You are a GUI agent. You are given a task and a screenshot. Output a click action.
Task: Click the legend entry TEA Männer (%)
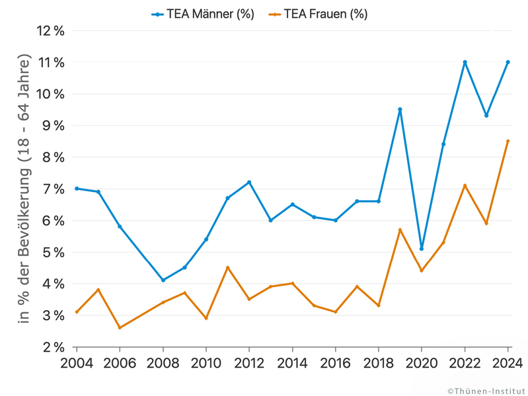coord(202,14)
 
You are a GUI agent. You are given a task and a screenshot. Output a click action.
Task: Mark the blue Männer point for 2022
coord(465,62)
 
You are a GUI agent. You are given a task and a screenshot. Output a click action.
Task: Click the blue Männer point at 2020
coord(422,249)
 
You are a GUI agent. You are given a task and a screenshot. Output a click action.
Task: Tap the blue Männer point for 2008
coord(163,280)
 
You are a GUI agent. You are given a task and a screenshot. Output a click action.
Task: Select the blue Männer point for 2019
coord(400,110)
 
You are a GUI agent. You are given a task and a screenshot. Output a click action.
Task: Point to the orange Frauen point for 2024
coord(508,141)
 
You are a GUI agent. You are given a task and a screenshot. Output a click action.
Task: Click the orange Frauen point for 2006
coord(120,328)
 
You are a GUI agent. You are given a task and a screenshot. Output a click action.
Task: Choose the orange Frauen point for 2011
coord(227,267)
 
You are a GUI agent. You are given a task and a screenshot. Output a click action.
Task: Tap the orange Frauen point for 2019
coord(400,230)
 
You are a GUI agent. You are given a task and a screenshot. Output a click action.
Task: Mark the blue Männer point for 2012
coord(249,182)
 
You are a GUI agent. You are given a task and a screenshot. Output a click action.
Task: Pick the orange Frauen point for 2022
coord(465,185)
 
